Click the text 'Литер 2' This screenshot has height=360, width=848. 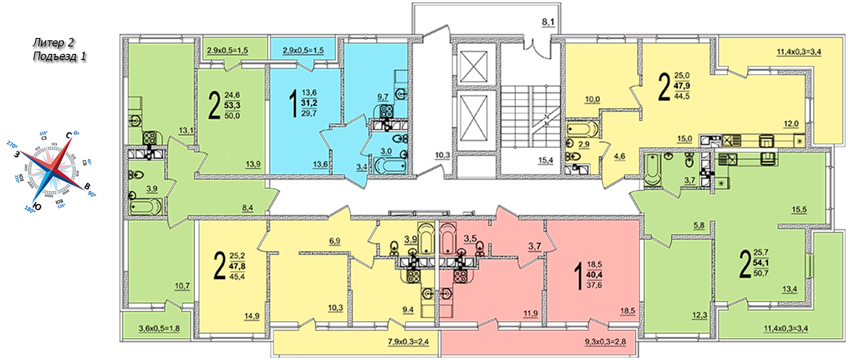[53, 43]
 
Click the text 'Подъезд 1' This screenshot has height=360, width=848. [59, 57]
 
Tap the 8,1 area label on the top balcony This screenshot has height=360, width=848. [548, 22]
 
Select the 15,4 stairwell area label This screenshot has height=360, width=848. [545, 160]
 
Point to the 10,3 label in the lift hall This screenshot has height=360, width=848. [442, 155]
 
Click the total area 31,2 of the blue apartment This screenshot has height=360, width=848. [309, 103]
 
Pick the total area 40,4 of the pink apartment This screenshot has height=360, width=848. [594, 275]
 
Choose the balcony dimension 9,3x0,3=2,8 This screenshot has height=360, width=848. [605, 342]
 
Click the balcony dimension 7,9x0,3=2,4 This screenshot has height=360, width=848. [408, 342]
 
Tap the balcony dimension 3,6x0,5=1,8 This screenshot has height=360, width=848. [159, 329]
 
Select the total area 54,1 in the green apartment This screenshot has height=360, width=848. [761, 262]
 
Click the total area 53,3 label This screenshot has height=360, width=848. [232, 105]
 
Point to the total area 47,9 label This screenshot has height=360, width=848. [682, 86]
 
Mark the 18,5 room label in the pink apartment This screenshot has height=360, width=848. [628, 311]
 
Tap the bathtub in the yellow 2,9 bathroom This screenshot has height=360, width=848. [582, 128]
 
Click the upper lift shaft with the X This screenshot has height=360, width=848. [474, 65]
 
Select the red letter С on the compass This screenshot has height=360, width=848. [69, 135]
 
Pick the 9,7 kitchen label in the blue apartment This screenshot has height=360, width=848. [383, 97]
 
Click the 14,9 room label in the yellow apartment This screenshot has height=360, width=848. [252, 316]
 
